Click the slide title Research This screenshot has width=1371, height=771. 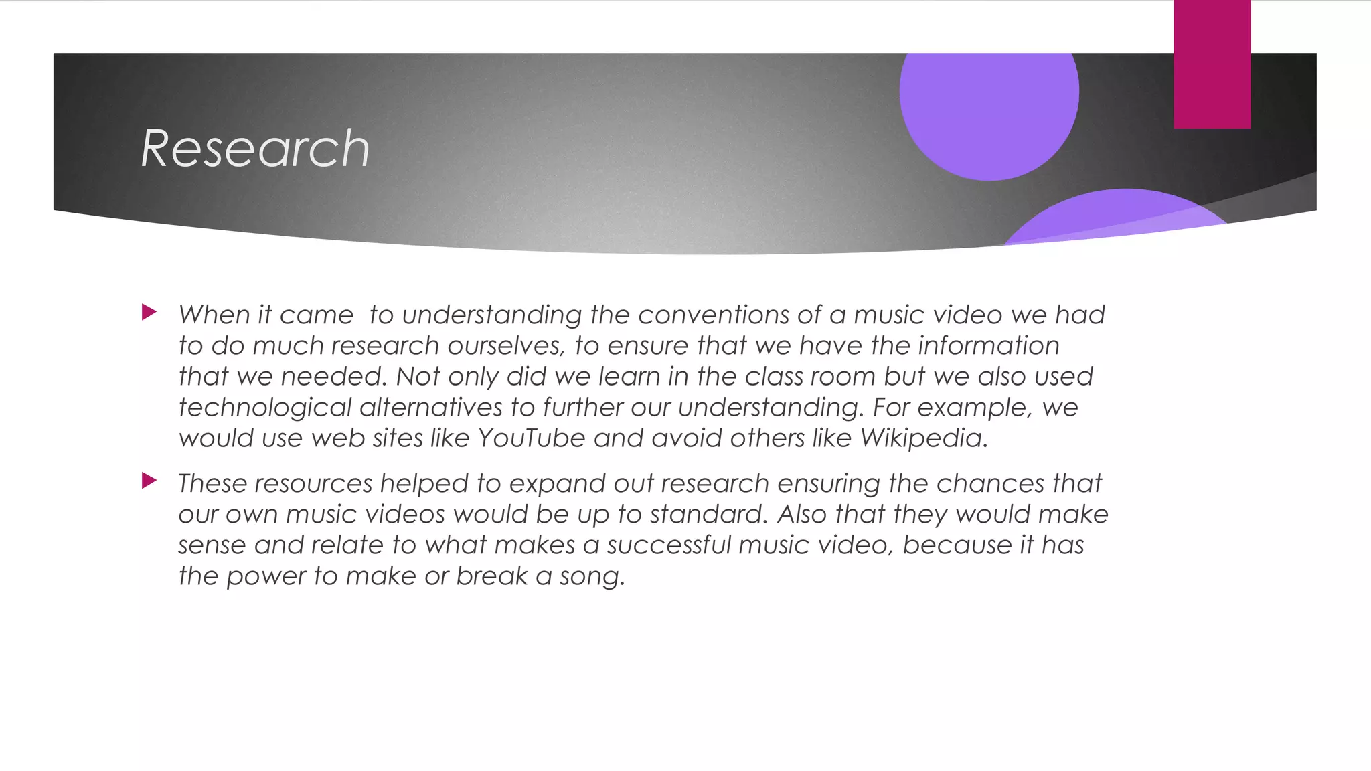click(255, 149)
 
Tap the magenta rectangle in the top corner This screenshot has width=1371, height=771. click(1212, 64)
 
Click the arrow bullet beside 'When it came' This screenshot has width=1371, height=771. click(149, 312)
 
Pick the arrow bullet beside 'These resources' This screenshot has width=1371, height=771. click(149, 481)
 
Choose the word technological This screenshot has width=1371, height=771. click(265, 408)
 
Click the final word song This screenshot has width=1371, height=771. click(592, 576)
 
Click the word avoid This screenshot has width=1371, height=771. click(686, 438)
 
